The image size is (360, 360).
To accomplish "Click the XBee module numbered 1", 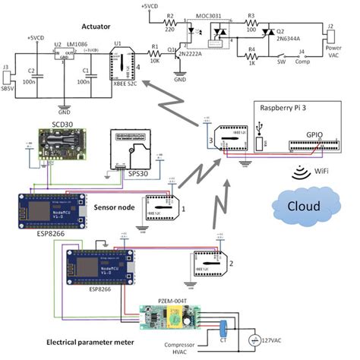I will (x=161, y=206).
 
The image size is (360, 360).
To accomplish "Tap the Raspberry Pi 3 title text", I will (x=286, y=108).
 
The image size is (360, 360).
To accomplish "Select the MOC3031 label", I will (x=210, y=15).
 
